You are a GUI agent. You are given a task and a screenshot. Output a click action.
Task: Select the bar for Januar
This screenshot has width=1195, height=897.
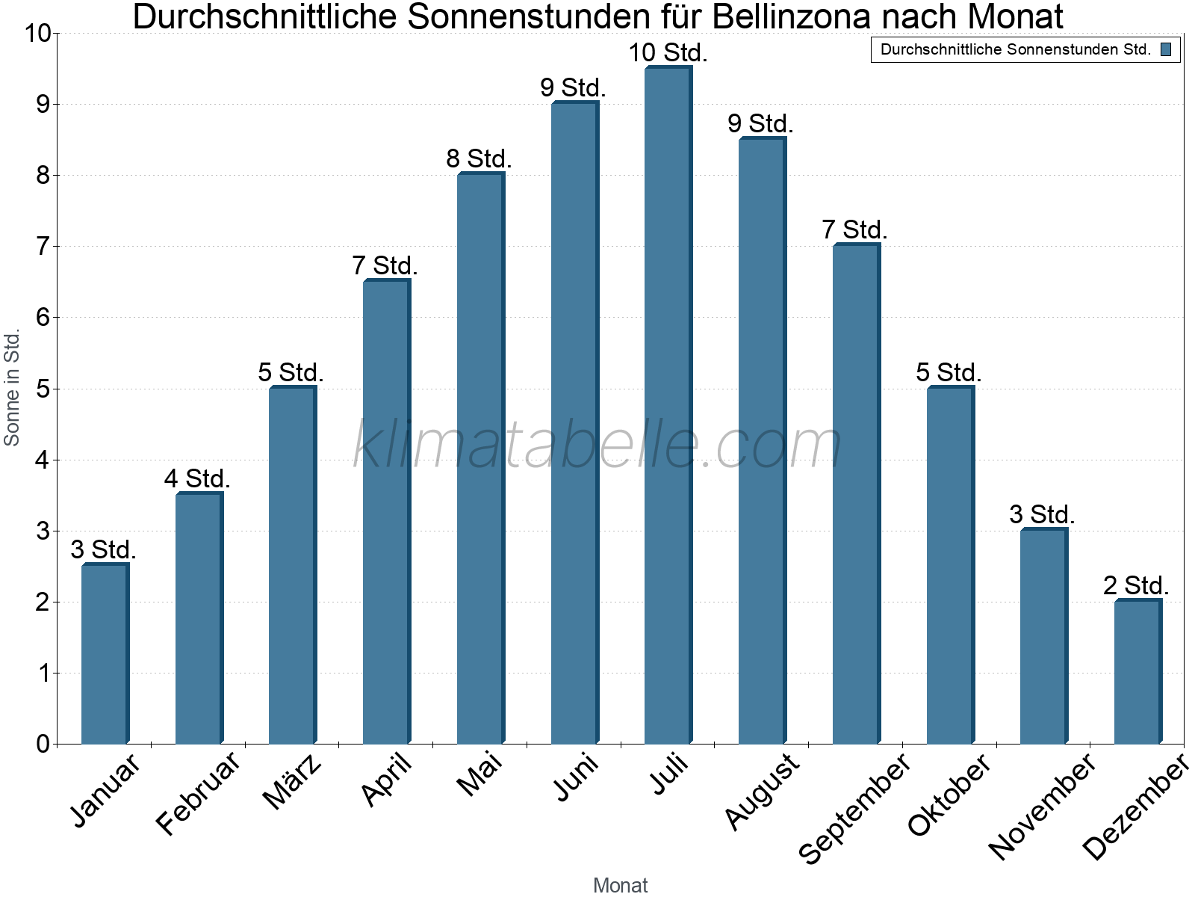105,654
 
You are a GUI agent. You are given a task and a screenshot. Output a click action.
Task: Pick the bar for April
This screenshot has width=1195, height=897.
386,512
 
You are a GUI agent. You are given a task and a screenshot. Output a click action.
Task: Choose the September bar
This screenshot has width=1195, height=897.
856,494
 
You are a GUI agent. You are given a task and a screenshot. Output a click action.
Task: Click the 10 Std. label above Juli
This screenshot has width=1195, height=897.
668,53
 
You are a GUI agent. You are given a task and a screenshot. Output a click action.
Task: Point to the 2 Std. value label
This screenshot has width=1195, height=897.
1136,585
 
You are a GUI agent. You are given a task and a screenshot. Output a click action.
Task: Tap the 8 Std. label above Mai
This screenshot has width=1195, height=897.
479,159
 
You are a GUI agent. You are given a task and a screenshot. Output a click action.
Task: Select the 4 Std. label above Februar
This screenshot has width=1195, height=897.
197,478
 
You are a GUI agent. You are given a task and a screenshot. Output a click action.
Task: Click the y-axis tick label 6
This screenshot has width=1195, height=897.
43,318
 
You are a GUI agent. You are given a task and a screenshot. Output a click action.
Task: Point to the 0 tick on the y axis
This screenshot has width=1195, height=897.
43,744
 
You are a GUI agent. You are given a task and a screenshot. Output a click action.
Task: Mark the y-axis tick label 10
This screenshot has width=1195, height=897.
37,34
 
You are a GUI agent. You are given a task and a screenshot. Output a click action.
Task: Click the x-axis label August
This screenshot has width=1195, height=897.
762,791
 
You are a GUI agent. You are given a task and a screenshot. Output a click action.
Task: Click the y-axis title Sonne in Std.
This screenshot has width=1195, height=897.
12,389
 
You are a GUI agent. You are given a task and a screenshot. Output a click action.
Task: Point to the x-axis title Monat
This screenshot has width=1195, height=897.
620,885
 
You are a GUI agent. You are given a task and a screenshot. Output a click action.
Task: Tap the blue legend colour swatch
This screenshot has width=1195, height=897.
1166,50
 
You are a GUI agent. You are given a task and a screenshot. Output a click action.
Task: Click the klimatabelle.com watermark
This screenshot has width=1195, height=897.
597,445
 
